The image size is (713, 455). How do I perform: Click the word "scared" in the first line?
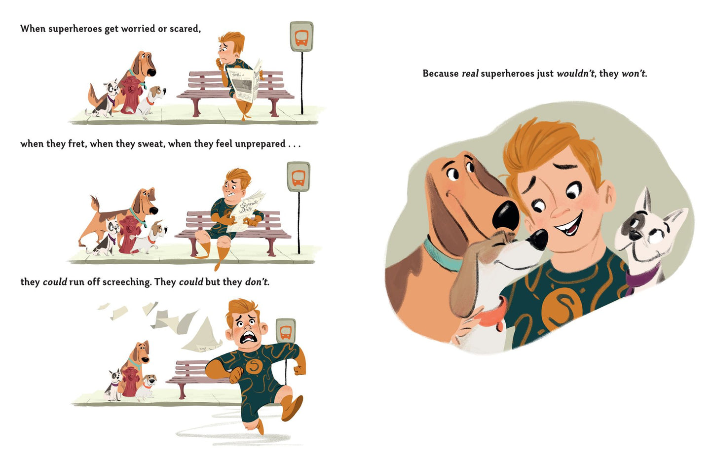185,29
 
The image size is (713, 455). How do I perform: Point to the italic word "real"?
470,73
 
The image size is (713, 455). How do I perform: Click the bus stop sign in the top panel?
301,36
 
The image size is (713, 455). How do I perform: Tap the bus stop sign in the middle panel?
299,177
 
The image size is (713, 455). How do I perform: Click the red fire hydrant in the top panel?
130,95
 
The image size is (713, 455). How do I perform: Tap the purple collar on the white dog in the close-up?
640,278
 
